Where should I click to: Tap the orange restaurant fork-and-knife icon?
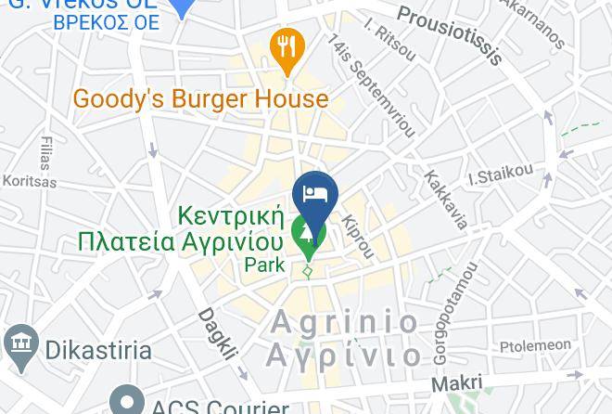(287, 46)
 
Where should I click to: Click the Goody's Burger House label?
(200, 98)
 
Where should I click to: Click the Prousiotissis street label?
(451, 34)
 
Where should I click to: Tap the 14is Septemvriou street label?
(371, 85)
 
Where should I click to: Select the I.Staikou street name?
(501, 174)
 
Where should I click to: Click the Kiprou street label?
(358, 237)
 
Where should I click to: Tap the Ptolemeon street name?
(535, 345)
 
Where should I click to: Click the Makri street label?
(457, 383)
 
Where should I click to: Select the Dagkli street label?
(217, 333)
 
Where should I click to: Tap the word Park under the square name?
(264, 265)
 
